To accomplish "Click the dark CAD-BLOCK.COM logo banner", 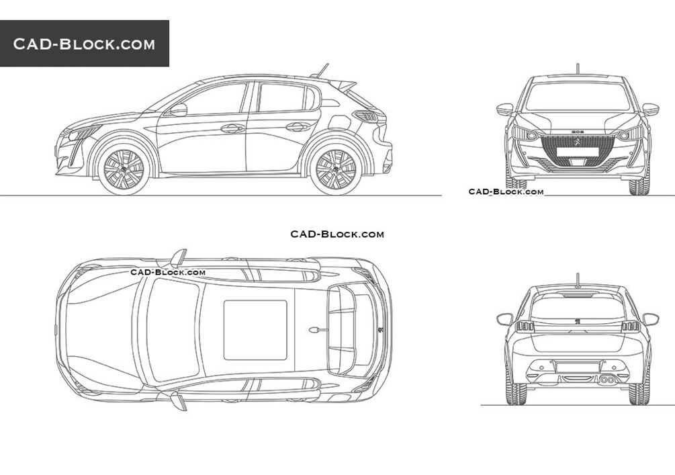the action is [x=85, y=44].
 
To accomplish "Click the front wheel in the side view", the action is [x=124, y=169].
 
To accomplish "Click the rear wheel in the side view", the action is [x=336, y=169].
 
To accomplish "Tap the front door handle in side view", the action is [x=232, y=128].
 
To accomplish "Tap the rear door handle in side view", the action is [x=298, y=126].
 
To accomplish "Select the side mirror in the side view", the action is [x=178, y=110].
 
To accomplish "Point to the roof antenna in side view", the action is [x=322, y=71].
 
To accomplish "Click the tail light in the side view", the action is [x=365, y=116].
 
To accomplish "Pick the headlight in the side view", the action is [x=83, y=133].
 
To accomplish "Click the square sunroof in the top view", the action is [x=255, y=330].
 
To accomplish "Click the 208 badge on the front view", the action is [x=578, y=131].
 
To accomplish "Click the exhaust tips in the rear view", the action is [x=607, y=380].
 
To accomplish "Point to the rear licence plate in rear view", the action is [x=578, y=368].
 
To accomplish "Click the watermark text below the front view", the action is [x=506, y=191].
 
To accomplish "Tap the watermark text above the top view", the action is [x=337, y=234].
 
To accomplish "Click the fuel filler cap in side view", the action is [x=337, y=122].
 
